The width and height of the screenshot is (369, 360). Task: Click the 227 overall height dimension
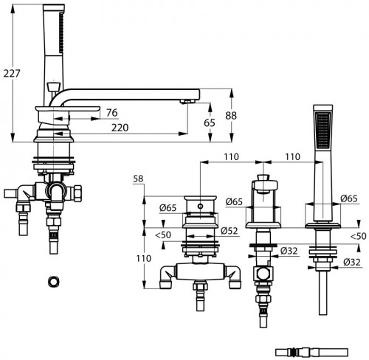click(x=12, y=73)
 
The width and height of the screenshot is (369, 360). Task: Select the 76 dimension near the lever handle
click(x=112, y=113)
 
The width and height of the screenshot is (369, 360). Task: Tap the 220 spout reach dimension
click(x=120, y=128)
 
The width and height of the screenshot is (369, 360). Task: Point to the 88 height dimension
click(x=231, y=115)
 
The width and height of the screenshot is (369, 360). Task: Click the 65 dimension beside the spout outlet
click(x=210, y=122)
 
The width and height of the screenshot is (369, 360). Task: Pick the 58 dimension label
click(x=138, y=179)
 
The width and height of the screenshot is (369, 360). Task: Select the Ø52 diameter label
click(x=230, y=231)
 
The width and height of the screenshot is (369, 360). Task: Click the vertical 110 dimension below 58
click(x=144, y=258)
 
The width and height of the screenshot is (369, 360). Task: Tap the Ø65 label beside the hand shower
click(x=349, y=198)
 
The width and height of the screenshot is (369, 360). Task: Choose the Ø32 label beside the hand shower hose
click(x=352, y=262)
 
